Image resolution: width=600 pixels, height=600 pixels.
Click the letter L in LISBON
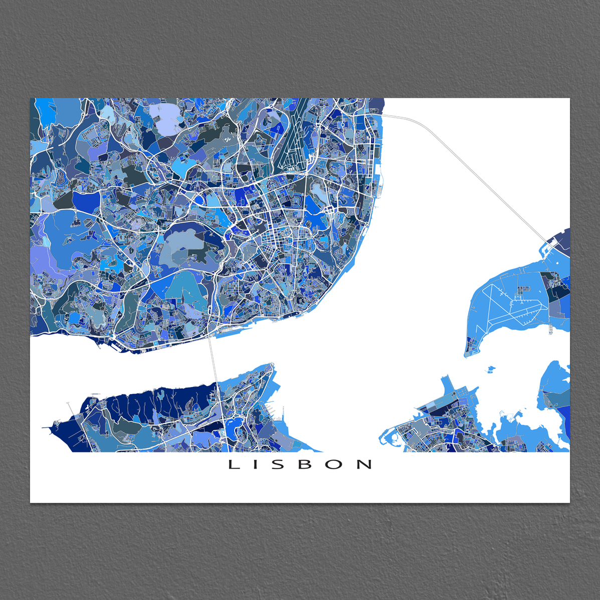[x=233, y=465]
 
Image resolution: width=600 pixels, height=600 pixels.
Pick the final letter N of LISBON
[x=364, y=465]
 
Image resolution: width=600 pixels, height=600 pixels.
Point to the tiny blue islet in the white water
[x=490, y=370]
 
